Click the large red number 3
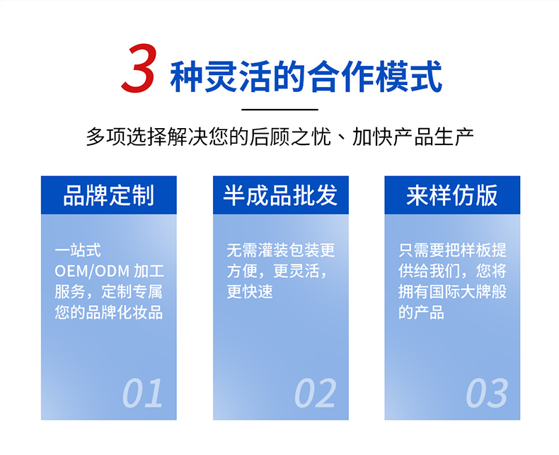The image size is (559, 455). click(139, 68)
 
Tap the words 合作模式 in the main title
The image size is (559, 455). click(375, 76)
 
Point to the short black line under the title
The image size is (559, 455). click(279, 110)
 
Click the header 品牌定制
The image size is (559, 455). click(109, 195)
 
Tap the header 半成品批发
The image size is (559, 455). click(280, 195)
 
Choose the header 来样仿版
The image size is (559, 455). click(451, 195)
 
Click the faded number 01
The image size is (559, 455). click(143, 393)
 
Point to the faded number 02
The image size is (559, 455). click(315, 393)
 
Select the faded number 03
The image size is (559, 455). click(487, 393)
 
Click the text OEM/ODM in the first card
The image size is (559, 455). click(92, 271)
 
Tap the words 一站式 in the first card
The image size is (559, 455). click(78, 250)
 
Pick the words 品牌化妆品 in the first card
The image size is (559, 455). click(125, 312)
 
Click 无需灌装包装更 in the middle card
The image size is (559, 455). click(281, 250)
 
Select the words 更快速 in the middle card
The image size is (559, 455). click(250, 292)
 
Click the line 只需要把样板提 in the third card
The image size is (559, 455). click(452, 250)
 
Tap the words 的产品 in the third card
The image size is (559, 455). click(422, 312)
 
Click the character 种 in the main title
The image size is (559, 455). click(186, 76)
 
